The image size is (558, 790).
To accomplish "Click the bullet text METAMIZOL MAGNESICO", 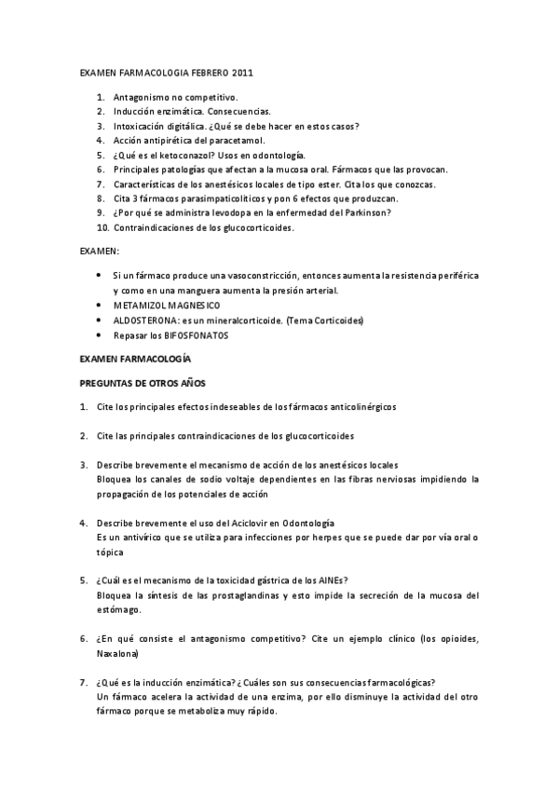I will click(x=167, y=306).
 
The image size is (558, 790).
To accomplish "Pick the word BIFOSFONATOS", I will click(x=191, y=334).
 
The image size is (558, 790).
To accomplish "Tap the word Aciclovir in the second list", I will click(x=265, y=523).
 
